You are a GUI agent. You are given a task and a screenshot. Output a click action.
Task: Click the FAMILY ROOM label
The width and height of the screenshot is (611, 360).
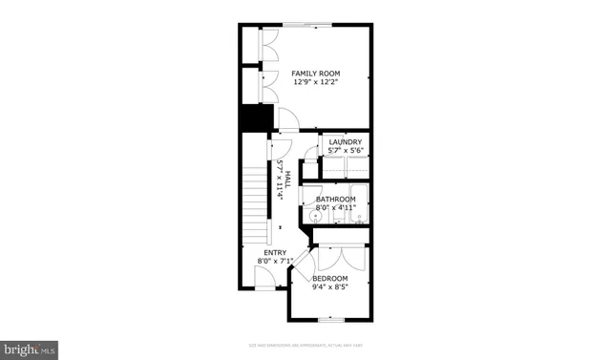(x=316, y=74)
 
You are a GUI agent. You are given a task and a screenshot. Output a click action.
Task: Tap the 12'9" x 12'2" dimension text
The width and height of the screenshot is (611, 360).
(x=316, y=83)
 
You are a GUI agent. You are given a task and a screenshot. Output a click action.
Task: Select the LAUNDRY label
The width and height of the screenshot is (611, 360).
(x=345, y=142)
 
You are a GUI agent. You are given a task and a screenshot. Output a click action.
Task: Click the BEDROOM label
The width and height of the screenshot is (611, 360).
(x=330, y=278)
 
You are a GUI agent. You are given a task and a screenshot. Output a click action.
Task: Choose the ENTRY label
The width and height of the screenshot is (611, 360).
(x=274, y=253)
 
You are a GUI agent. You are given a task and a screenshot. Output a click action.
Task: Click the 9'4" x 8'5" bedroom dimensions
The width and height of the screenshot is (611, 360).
(x=330, y=286)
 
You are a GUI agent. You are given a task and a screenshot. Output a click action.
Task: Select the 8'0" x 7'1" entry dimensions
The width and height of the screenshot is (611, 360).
(x=274, y=262)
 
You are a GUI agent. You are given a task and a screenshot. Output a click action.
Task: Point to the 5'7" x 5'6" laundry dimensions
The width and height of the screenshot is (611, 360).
(x=345, y=151)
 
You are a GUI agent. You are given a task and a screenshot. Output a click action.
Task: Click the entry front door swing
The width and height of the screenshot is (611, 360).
(x=264, y=278)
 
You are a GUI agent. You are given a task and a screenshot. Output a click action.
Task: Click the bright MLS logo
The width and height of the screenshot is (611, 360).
(x=29, y=349)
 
